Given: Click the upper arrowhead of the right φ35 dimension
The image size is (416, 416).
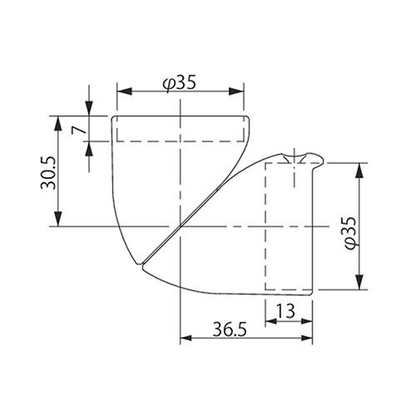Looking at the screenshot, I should pyautogui.click(x=360, y=169).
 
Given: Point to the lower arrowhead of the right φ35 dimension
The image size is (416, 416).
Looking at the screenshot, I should pyautogui.click(x=360, y=285).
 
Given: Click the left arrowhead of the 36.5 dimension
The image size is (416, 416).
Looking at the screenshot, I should pyautogui.click(x=184, y=339).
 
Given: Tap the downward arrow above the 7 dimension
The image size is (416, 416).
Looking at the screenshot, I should pyautogui.click(x=89, y=111).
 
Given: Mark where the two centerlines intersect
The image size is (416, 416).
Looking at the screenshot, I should pyautogui.click(x=180, y=226).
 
